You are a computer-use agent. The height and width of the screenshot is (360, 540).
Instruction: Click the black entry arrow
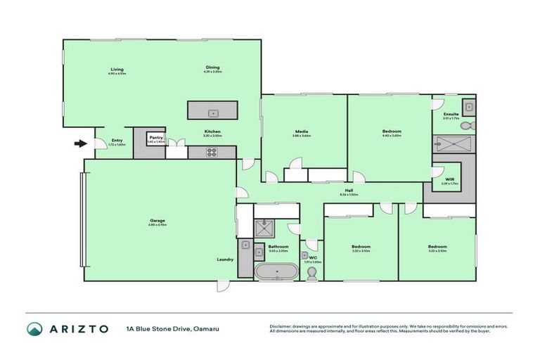(81, 144)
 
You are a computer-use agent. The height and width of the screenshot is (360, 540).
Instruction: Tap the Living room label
(117, 69)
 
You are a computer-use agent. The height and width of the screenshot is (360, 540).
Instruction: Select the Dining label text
(212, 67)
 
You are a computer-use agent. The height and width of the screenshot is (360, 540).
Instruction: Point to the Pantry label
(155, 138)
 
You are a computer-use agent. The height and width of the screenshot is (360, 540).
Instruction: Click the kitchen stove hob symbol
(211, 153)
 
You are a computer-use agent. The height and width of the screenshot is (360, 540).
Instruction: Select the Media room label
(302, 131)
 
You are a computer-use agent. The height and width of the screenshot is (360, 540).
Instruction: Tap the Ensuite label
(451, 114)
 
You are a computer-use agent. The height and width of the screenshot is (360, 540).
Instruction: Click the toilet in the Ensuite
(470, 127)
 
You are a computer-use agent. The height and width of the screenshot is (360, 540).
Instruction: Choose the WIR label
(449, 179)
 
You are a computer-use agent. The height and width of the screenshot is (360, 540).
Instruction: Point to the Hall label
(348, 190)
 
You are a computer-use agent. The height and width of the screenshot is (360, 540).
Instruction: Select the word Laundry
(225, 259)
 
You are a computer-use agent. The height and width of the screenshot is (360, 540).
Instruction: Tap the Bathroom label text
(278, 246)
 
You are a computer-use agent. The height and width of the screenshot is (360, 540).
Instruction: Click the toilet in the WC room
(312, 273)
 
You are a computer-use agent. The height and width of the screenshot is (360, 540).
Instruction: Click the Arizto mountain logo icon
(34, 328)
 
